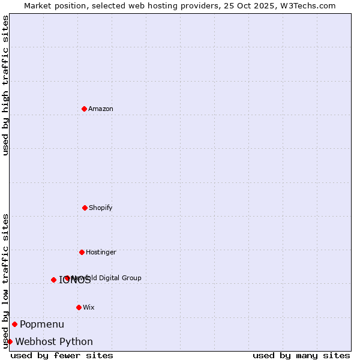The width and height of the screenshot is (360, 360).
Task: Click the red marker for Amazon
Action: click(x=84, y=109)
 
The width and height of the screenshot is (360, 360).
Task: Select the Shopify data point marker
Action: click(x=85, y=208)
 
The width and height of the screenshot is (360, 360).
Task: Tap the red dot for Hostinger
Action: click(x=82, y=252)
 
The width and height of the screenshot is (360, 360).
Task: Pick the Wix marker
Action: click(x=79, y=307)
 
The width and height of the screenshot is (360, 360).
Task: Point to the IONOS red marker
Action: click(x=53, y=280)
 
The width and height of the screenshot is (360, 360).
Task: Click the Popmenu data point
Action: click(x=14, y=324)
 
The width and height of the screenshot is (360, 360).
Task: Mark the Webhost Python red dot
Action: click(x=10, y=341)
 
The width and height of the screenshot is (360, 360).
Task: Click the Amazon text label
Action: click(x=101, y=109)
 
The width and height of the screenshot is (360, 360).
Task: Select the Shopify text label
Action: click(x=101, y=208)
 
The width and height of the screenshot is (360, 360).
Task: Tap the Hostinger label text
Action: click(x=101, y=252)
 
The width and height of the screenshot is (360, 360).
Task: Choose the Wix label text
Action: click(x=89, y=307)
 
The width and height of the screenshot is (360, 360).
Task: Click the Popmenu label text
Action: click(x=42, y=325)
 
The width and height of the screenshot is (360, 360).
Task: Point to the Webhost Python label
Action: click(x=54, y=342)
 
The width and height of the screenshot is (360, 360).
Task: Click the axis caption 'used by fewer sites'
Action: click(x=62, y=355)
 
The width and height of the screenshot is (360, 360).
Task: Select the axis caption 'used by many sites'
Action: click(x=301, y=355)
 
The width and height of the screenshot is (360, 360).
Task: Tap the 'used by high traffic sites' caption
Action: click(x=5, y=85)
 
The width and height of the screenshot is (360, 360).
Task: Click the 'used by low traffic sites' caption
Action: click(x=5, y=281)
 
